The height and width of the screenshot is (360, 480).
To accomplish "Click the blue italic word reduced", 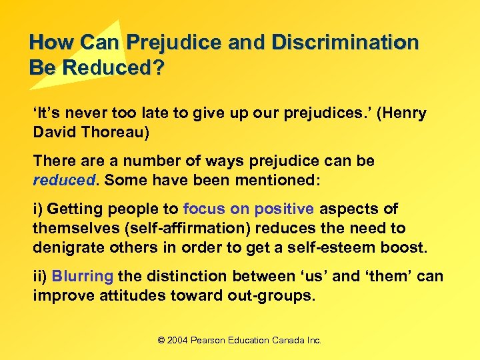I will click(x=65, y=180).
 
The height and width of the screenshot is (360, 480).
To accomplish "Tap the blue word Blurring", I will click(x=83, y=277).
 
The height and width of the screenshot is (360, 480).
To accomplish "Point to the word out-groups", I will click(x=271, y=295).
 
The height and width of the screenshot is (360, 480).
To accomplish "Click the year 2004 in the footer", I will click(x=177, y=340).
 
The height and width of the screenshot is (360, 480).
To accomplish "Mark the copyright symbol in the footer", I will click(x=161, y=340).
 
